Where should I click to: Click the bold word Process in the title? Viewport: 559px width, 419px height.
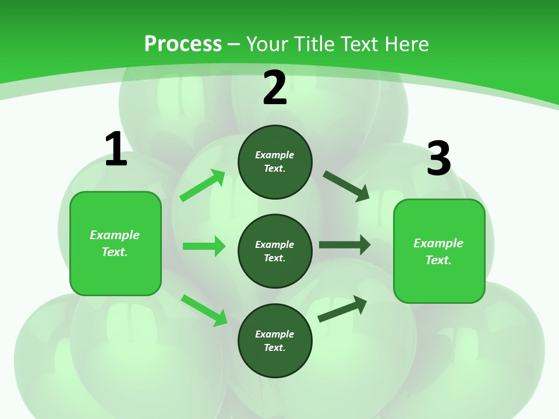[183, 44]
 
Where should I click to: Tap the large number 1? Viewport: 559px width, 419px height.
[116, 150]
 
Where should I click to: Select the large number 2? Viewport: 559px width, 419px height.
[275, 88]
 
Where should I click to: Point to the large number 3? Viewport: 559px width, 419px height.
[439, 158]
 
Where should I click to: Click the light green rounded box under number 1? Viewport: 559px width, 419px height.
[115, 243]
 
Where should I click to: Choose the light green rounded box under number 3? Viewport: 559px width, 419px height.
[439, 251]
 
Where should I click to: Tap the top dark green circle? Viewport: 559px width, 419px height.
[275, 162]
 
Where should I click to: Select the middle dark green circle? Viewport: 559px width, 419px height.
[275, 251]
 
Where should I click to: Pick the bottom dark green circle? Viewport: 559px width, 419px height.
[275, 340]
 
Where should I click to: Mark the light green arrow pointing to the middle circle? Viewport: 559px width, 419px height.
[204, 246]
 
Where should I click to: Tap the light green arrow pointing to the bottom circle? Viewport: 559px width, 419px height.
[204, 310]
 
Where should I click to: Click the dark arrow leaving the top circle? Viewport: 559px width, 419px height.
[346, 186]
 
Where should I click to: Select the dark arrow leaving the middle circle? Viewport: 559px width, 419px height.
[345, 245]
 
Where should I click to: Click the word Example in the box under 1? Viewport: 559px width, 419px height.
[115, 235]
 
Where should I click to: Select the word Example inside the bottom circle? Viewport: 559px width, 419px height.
[275, 334]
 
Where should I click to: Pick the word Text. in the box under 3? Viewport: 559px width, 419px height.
[438, 260]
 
